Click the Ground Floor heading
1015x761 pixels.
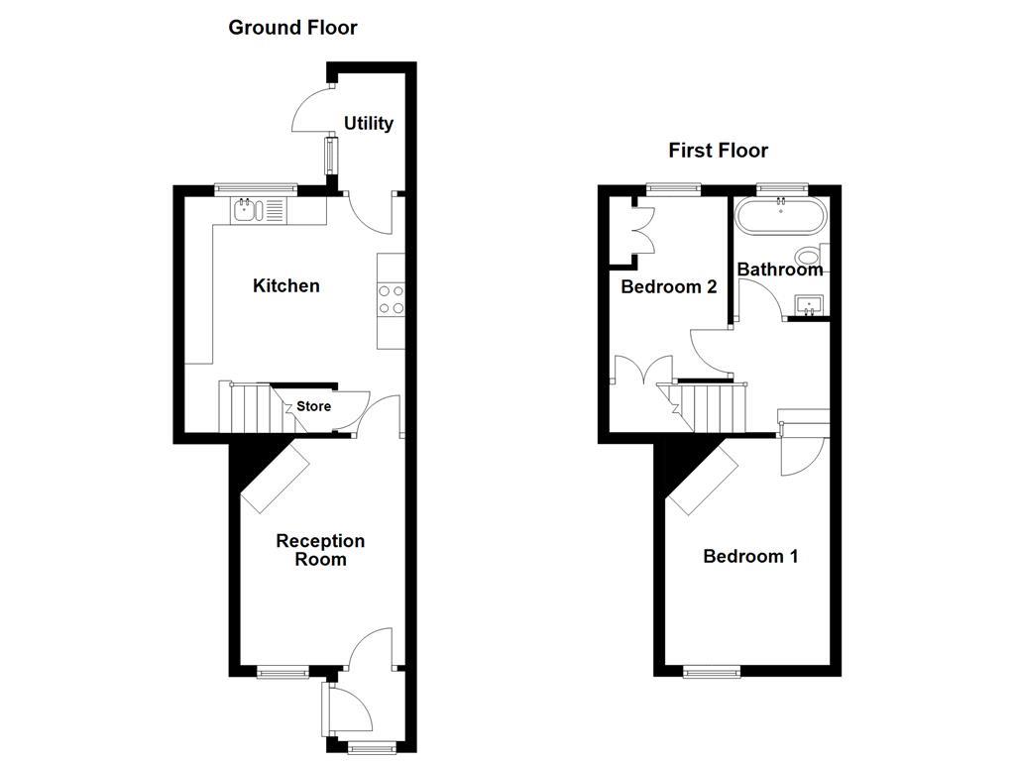[x=292, y=28]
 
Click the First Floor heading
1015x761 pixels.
[x=718, y=151]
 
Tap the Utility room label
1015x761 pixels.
[x=369, y=123]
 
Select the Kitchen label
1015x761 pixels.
[x=286, y=285]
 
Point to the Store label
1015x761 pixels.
[x=313, y=406]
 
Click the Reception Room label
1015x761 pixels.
[x=320, y=550]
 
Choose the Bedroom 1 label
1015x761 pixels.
[x=750, y=556]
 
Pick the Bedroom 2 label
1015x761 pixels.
[x=668, y=287]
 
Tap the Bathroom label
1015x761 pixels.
[x=779, y=269]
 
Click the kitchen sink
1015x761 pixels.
[x=257, y=209]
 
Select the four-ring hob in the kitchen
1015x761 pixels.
[x=391, y=299]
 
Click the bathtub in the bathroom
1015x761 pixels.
[x=781, y=215]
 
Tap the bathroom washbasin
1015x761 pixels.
[x=811, y=305]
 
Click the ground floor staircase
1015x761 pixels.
[x=249, y=407]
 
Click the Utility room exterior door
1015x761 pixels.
[x=313, y=109]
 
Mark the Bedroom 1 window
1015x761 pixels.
[x=711, y=672]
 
